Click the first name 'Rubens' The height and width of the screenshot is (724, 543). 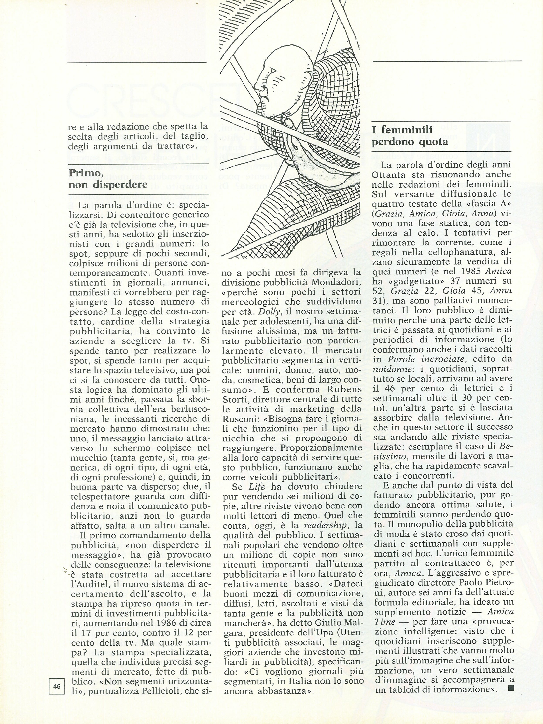(x=347, y=389)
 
